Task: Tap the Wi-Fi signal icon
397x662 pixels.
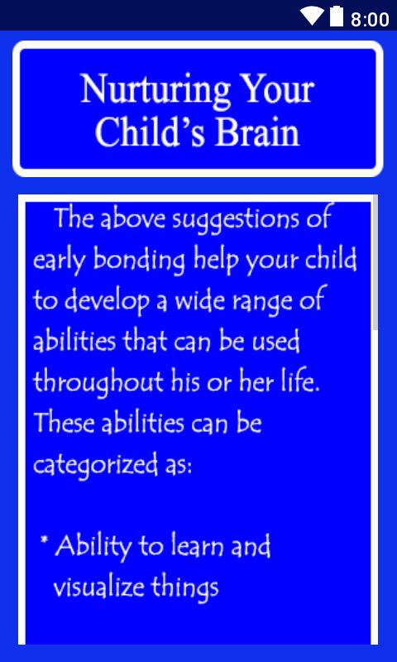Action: point(312,16)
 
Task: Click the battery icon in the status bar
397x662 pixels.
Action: point(337,16)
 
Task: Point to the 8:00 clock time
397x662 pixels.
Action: point(370,19)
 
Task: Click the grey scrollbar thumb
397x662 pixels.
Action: point(375,261)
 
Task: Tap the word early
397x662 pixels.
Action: point(60,262)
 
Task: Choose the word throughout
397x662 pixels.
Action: point(98,383)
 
